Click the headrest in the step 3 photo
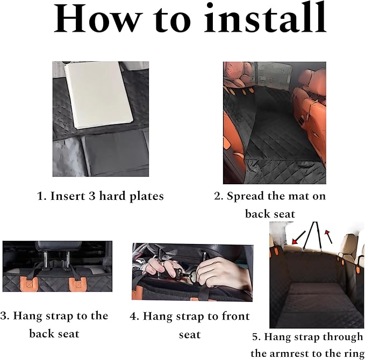(58, 249)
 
